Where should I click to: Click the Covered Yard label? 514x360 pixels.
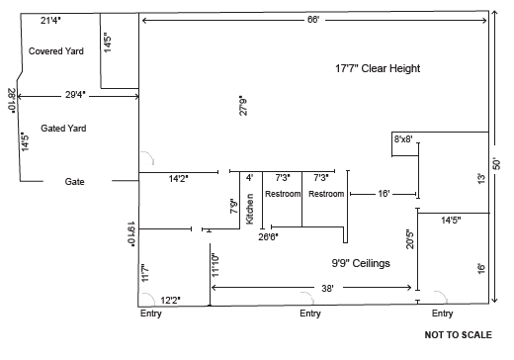point(56,51)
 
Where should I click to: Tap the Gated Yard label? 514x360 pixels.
point(63,129)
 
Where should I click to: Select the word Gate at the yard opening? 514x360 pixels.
point(74,182)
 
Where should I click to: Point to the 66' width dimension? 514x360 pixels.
point(313,20)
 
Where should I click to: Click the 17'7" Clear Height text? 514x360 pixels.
point(378,68)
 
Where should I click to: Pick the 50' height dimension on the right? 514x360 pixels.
point(496,164)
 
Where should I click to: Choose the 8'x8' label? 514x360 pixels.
point(403,139)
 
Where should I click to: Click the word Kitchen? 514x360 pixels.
point(250,209)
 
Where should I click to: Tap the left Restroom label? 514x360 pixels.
point(283,194)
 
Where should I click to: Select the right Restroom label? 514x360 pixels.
point(326,194)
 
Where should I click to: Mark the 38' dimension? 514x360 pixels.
point(327,289)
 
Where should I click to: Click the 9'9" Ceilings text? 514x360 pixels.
point(361,263)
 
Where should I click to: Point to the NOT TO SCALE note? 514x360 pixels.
point(459,335)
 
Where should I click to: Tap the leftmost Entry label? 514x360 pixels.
point(151,314)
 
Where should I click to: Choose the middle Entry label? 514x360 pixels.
point(310,314)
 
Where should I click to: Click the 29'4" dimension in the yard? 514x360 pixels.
point(75,95)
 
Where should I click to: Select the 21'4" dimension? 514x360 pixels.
point(50,21)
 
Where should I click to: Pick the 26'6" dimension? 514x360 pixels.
point(268,236)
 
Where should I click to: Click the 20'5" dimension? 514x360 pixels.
point(410,239)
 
